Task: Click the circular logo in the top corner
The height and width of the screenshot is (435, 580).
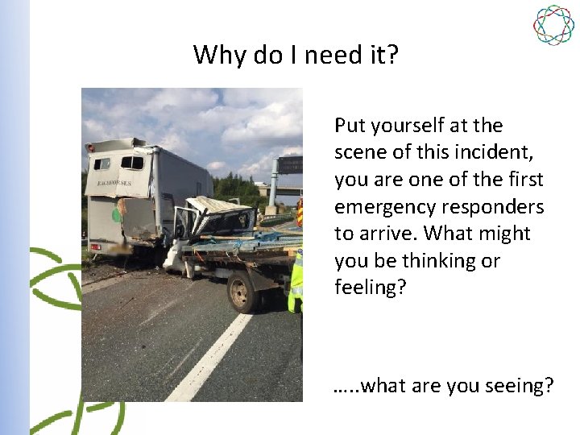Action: [553, 25]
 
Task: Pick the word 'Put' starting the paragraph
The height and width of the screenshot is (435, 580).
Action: [350, 126]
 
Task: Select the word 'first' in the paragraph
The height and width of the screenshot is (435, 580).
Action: [522, 180]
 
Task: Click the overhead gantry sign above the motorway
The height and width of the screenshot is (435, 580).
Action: [290, 164]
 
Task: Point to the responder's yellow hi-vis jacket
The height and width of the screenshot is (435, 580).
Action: [296, 278]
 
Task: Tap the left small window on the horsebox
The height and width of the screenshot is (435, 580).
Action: [102, 164]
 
